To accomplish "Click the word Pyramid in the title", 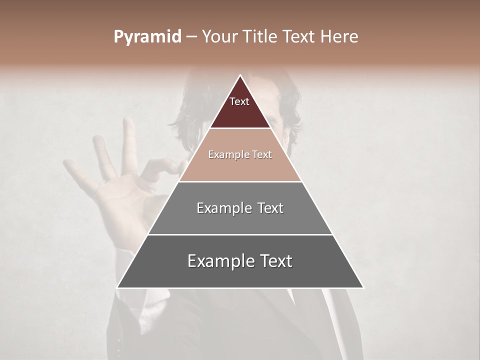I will pos(147,37).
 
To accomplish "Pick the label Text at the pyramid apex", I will pos(239,101).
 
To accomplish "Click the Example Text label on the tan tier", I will pos(240,155).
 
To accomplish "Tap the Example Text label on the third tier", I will pos(240,208).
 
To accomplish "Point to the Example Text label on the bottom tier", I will pos(240,261).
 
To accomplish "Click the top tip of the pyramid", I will pos(240,76).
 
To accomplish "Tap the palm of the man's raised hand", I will pos(125,200).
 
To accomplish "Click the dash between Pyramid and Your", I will pos(191,37).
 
